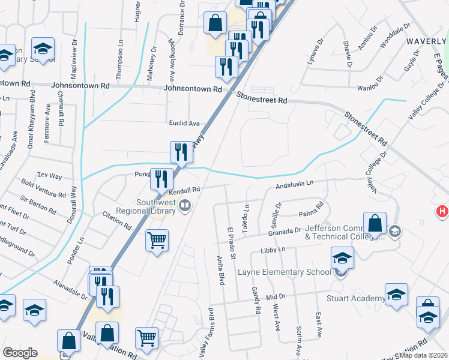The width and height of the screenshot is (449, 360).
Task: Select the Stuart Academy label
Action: click(x=355, y=299)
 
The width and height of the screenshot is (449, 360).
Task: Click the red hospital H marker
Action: click(x=442, y=211)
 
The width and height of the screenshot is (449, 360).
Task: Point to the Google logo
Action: click(x=20, y=353)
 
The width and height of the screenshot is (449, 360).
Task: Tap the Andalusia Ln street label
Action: click(x=295, y=186)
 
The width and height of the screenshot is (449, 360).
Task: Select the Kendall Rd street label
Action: click(x=184, y=190)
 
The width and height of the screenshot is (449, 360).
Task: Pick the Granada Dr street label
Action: click(x=285, y=232)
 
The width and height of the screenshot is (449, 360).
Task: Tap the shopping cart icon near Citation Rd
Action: click(x=157, y=240)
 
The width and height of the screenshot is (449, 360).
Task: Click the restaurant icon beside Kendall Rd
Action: click(x=161, y=178)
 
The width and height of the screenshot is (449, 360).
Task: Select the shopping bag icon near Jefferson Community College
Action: click(x=374, y=223)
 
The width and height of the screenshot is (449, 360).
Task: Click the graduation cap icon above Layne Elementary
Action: click(x=342, y=258)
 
